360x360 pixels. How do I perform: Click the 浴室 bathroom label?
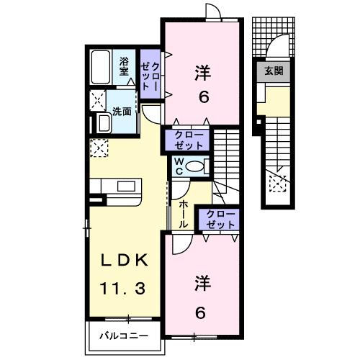tap(124, 67)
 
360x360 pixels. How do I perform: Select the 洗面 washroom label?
tap(122, 112)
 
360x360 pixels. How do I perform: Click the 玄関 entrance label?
tap(273, 71)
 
